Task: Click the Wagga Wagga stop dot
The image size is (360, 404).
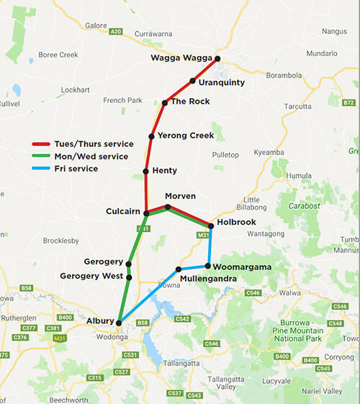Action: [x=217, y=58]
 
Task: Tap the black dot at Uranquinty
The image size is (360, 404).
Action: [x=193, y=81]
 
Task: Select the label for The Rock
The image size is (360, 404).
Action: [x=190, y=102]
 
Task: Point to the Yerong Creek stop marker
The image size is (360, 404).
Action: [x=151, y=136]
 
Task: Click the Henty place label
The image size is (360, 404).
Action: [x=165, y=171]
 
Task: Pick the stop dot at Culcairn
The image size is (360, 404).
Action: [x=146, y=213]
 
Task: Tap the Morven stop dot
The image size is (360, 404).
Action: [x=168, y=207]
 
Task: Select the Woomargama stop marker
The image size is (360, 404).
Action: [x=208, y=266]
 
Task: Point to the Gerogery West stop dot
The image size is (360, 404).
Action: [x=129, y=277]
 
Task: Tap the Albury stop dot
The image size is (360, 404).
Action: [x=120, y=322]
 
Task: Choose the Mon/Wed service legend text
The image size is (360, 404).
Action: [x=97, y=156]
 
